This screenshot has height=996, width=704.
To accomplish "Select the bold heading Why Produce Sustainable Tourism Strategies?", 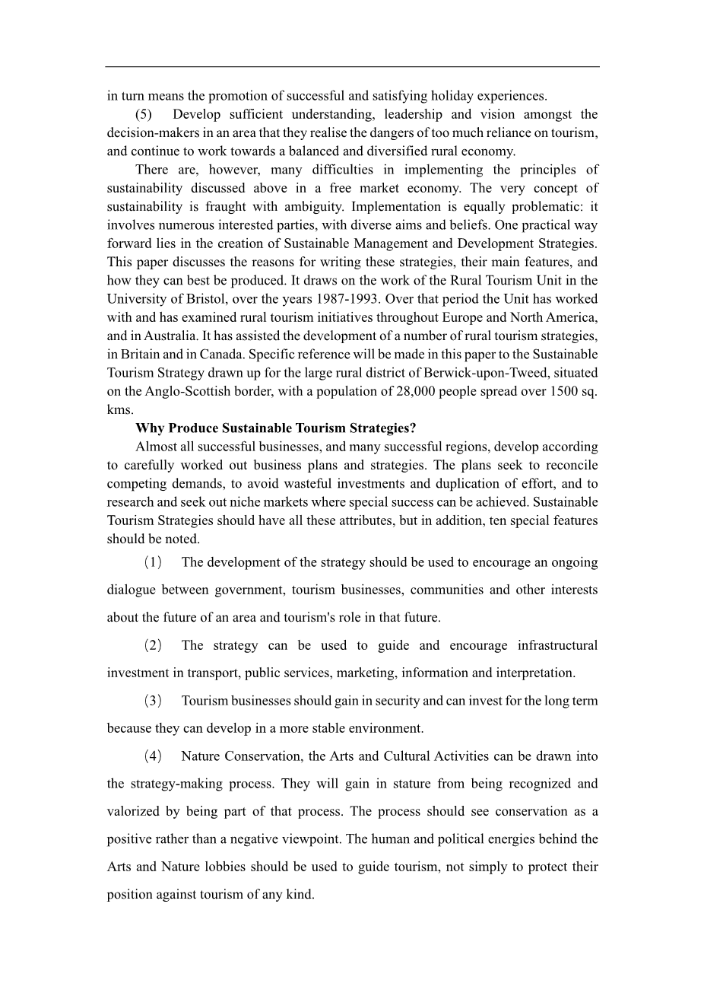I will click(x=276, y=428).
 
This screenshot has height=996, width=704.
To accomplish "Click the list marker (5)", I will click(x=144, y=115).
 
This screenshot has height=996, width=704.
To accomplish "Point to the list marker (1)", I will click(x=153, y=563).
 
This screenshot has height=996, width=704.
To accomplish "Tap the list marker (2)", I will click(x=153, y=646).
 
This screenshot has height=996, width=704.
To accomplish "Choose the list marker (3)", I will click(x=153, y=701).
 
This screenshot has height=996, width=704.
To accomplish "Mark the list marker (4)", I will click(x=153, y=756).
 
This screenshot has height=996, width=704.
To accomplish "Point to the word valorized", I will click(x=132, y=812).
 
